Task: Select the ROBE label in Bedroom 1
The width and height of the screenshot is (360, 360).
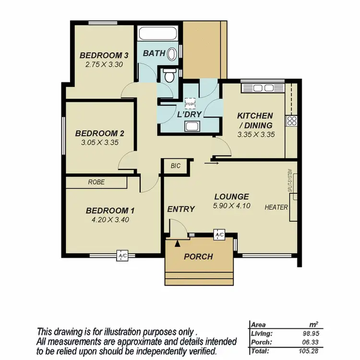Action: point(96,182)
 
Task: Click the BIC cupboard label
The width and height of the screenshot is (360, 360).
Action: point(175,166)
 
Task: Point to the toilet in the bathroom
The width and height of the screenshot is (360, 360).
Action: point(169,75)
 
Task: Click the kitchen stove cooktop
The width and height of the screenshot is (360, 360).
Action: point(291,120)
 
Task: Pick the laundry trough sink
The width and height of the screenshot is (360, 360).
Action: point(192,127)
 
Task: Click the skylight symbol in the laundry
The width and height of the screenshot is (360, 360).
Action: point(191,104)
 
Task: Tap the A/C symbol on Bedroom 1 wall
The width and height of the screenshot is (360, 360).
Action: point(122,256)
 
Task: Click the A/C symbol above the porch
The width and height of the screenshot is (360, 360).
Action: point(219,235)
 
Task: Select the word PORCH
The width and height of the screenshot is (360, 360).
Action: point(198,257)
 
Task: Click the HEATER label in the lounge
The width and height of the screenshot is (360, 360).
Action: point(276,207)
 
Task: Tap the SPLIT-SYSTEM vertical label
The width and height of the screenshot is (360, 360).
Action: point(290,180)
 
